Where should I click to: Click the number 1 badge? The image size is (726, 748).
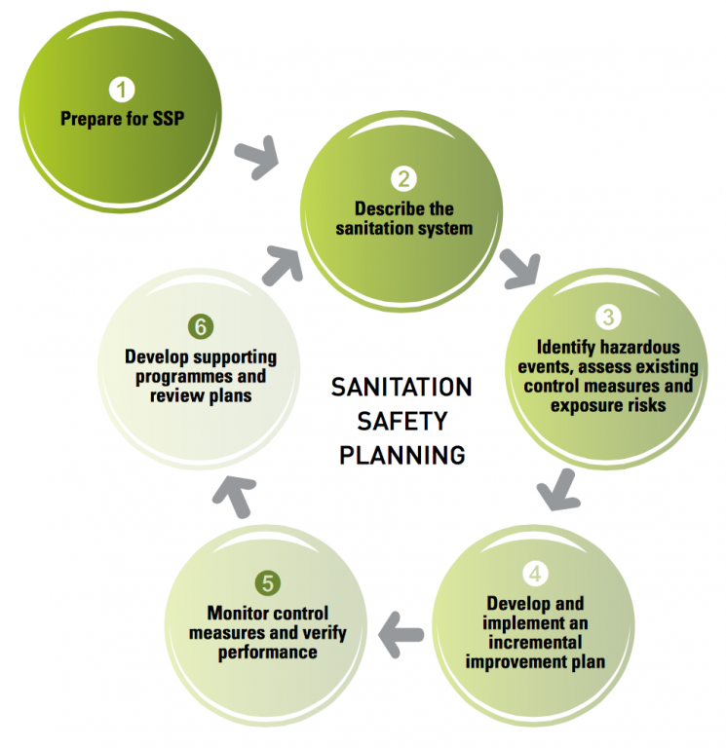pos(121,90)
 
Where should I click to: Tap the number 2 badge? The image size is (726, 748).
pos(403,179)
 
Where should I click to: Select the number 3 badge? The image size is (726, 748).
pos(608,317)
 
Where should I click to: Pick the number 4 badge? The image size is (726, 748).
pos(535,573)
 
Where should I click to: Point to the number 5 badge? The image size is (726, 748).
pos(267,583)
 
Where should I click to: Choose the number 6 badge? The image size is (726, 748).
pos(201,327)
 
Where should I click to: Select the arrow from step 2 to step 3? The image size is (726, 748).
pos(520,269)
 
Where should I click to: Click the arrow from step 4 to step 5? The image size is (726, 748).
pos(400,634)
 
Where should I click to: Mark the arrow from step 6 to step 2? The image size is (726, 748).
pos(283,265)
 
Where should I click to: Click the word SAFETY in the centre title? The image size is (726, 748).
pos(401,421)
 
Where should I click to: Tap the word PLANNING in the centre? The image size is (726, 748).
pos(401,455)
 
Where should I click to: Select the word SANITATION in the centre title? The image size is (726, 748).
pos(401,387)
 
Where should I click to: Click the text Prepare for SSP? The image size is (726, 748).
pos(122,119)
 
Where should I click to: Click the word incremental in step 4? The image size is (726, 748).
pos(535,642)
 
